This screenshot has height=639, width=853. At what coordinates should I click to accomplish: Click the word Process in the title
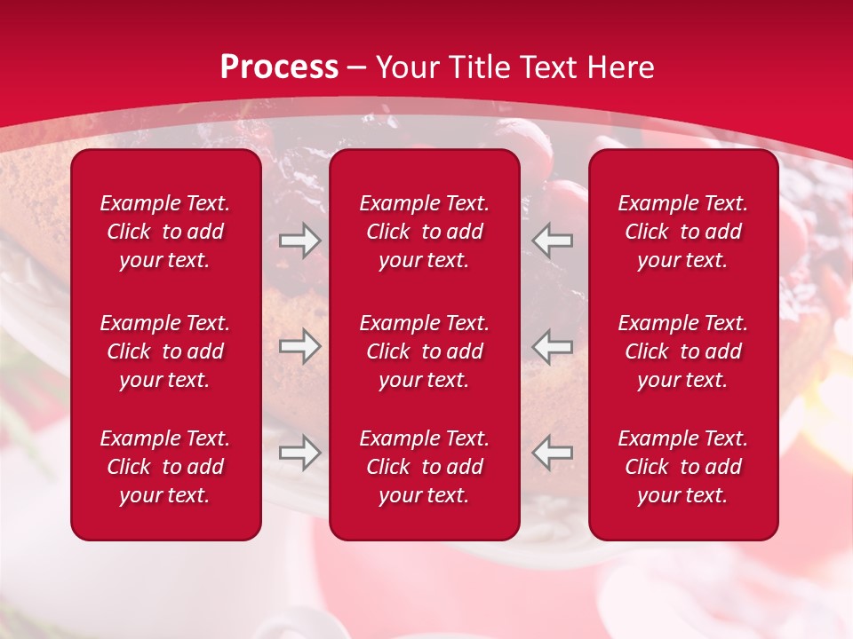pyautogui.click(x=279, y=67)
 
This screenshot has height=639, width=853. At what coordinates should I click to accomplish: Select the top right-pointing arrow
pyautogui.click(x=299, y=241)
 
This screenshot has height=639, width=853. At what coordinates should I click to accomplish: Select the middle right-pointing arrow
pyautogui.click(x=299, y=346)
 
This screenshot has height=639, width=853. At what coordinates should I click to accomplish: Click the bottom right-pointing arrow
pyautogui.click(x=299, y=453)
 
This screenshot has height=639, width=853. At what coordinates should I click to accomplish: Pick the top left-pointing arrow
pyautogui.click(x=553, y=241)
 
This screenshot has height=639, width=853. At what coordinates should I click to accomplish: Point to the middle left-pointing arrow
pyautogui.click(x=553, y=346)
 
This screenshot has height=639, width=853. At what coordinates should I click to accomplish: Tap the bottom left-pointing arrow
pyautogui.click(x=553, y=453)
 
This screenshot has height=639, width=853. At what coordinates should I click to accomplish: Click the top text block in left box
pyautogui.click(x=165, y=232)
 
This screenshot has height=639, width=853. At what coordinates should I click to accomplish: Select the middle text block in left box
pyautogui.click(x=165, y=351)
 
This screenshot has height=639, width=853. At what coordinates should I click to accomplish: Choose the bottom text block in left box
pyautogui.click(x=165, y=467)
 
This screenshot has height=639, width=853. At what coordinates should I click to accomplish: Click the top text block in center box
pyautogui.click(x=425, y=232)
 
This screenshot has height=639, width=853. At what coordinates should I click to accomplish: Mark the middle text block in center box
pyautogui.click(x=425, y=351)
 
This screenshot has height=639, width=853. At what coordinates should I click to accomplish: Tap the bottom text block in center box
pyautogui.click(x=425, y=467)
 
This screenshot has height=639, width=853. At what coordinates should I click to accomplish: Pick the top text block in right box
pyautogui.click(x=683, y=232)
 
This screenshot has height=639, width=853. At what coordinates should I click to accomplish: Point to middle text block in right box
pyautogui.click(x=683, y=351)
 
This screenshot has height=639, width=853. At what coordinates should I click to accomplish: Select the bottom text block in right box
pyautogui.click(x=683, y=467)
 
